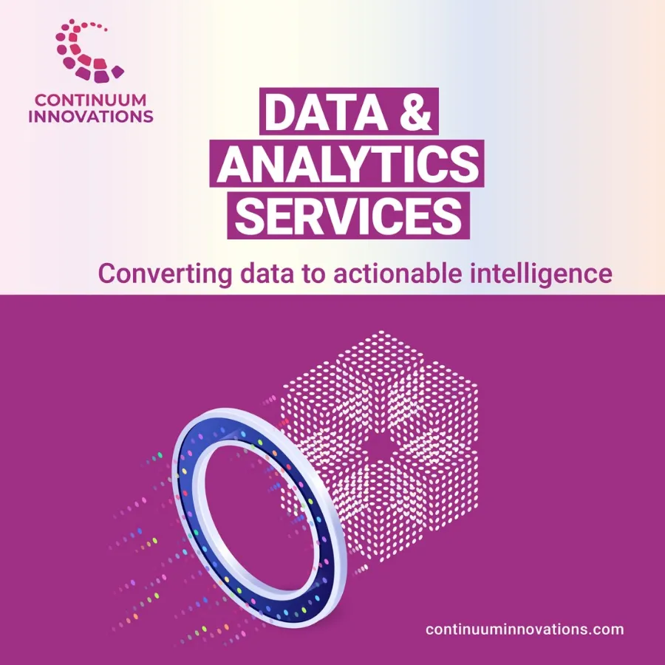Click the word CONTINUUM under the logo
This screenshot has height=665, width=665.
pos(90,100)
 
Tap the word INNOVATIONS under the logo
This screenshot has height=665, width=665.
pos(91,116)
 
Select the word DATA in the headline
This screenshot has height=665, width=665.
pos(324,112)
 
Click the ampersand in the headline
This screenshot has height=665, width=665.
pos(415,112)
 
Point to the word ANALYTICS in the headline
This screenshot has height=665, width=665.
pos(348,164)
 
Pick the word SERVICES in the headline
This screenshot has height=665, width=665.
pos(348,216)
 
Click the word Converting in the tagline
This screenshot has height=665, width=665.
pos(165,274)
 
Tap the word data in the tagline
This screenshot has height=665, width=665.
pos(267,273)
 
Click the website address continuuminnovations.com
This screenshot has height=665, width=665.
pos(525,629)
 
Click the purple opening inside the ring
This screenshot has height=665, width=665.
pos(259,514)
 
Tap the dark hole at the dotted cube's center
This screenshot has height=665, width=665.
pos(376,446)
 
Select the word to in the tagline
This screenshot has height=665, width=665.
pos(313,274)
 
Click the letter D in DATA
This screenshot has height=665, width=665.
pos(279,112)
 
